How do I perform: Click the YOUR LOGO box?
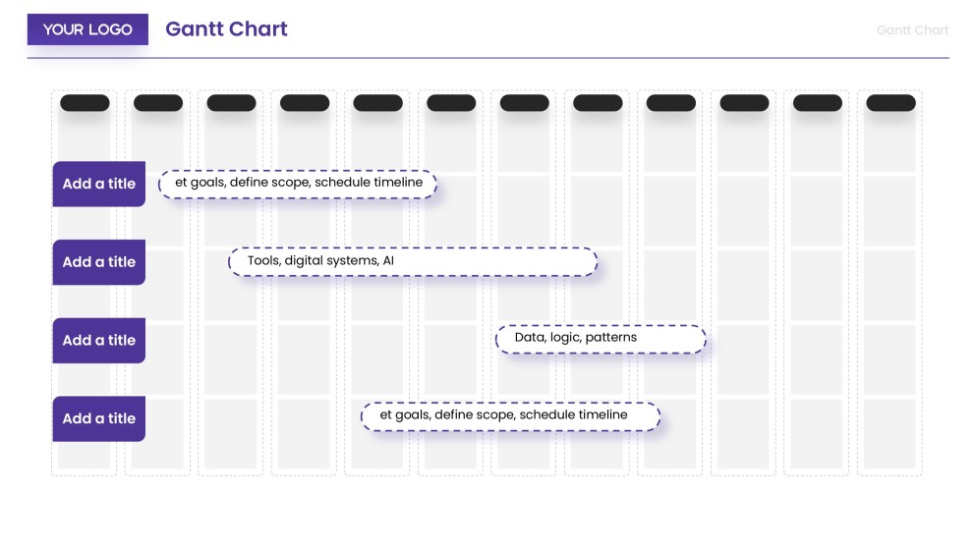pos(87,29)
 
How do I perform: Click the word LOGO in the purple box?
pos(110,29)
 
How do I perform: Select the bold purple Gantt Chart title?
pos(226,28)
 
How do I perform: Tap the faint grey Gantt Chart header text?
pos(912,30)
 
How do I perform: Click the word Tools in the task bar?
pos(263,261)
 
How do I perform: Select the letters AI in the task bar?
pos(388,261)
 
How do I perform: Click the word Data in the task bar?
pos(529,338)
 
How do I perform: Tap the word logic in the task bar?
pos(564,338)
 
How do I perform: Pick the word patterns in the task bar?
pos(611,338)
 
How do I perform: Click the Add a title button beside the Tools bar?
pos(98,262)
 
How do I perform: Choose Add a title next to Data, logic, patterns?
pos(98,341)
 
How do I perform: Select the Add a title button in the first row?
pos(98,184)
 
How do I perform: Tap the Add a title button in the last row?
pos(98,419)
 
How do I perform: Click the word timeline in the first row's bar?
pos(398,183)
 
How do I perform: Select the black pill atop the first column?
pos(85,103)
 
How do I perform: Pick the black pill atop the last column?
pos(890,103)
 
